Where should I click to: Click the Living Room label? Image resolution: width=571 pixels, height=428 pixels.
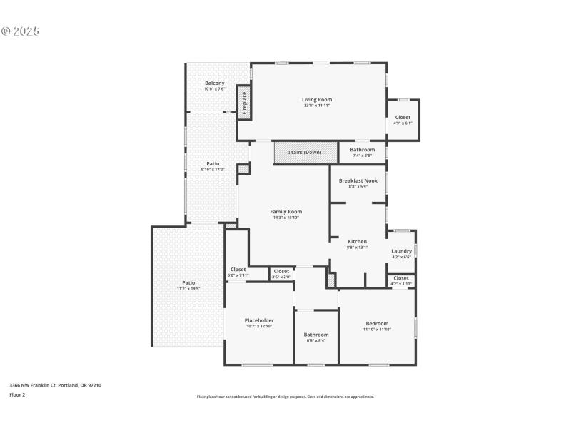316,99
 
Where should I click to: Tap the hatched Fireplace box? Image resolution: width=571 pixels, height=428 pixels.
244,103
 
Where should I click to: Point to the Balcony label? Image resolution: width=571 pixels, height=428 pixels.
214,83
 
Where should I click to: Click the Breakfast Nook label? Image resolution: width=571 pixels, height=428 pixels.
358,180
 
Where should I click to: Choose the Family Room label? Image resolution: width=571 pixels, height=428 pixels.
285,211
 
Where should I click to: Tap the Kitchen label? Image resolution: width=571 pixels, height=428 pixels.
357,241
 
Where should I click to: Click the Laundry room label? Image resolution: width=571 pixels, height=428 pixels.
401,251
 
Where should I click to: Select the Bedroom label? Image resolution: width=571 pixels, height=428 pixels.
376,323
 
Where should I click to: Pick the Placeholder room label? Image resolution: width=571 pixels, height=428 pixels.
260,320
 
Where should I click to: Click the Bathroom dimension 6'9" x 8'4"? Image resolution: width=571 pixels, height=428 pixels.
316,340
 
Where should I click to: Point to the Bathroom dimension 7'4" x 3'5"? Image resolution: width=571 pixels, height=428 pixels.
362,155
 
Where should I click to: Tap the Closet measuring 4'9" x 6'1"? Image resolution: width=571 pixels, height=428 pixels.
403,123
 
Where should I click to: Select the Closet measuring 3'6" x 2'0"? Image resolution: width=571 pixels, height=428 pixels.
281,276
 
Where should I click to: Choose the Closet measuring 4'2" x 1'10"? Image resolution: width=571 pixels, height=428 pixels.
401,284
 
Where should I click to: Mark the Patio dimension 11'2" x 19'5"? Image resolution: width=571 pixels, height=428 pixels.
188,289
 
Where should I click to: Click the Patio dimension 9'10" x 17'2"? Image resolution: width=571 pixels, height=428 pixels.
213,169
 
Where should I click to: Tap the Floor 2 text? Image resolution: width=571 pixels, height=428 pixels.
17,394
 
